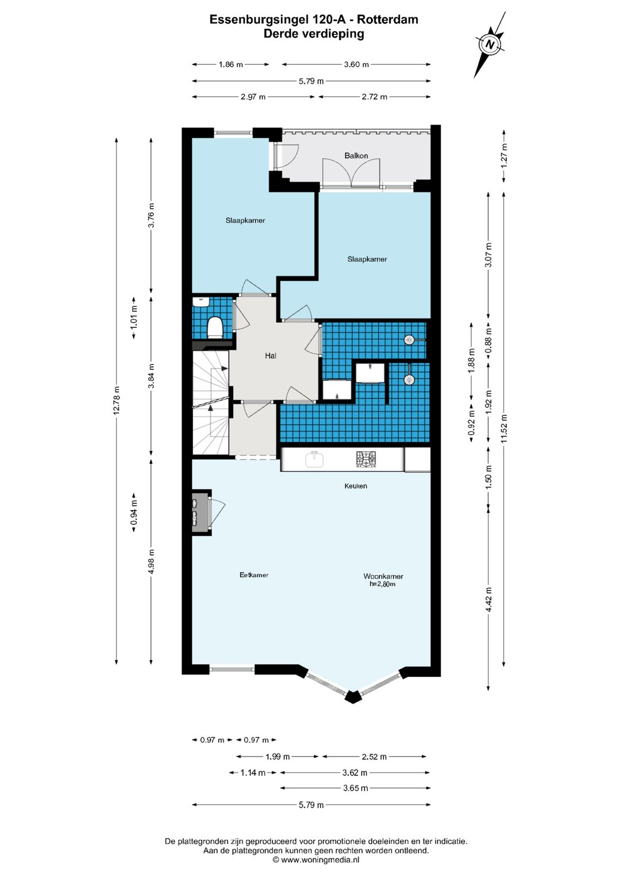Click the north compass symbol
tap(490, 44)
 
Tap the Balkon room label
tap(356, 156)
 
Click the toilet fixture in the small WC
tap(215, 327)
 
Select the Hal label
tap(270, 355)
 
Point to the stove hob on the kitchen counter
tap(366, 459)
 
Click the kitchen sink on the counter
tap(314, 459)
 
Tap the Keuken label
tap(355, 486)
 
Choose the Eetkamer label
tap(254, 575)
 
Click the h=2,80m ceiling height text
tap(382, 584)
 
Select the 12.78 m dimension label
tap(116, 401)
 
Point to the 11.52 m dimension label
tap(504, 428)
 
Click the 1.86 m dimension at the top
tap(231, 64)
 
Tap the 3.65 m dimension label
tap(355, 788)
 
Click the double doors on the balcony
tap(351, 172)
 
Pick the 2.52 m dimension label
tap(374, 757)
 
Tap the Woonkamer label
tap(383, 576)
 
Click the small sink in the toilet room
tap(201, 303)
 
